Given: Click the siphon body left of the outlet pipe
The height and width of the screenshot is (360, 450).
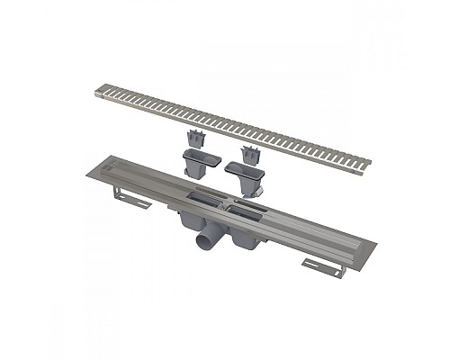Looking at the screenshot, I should [190, 221].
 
